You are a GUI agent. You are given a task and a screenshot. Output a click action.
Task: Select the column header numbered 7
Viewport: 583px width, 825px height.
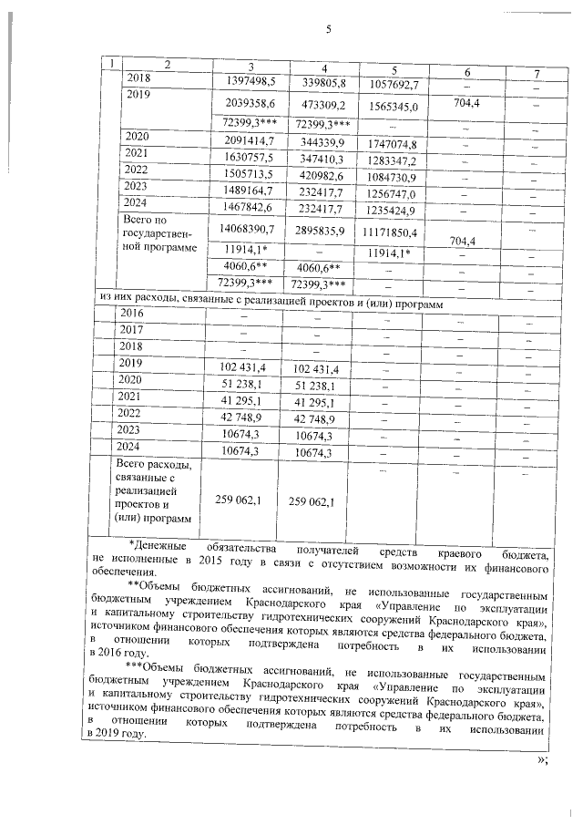[537, 72]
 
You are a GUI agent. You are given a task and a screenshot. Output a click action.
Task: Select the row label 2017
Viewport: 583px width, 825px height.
[132, 330]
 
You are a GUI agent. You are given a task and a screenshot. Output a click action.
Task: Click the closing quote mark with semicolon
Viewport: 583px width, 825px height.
[544, 761]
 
